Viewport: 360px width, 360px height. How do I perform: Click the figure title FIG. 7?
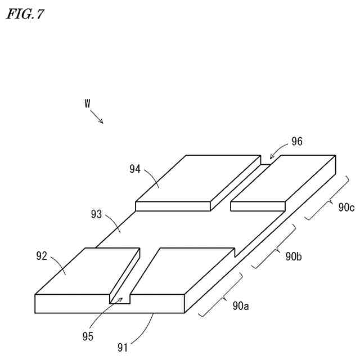click(x=25, y=14)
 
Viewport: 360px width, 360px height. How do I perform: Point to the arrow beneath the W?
click(x=97, y=117)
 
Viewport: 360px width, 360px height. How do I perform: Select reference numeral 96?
click(x=296, y=142)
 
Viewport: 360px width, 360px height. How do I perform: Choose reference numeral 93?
click(x=97, y=214)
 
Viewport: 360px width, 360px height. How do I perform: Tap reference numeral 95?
click(x=87, y=336)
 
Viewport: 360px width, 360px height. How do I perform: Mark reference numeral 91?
click(x=123, y=346)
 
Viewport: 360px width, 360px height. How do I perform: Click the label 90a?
click(x=241, y=307)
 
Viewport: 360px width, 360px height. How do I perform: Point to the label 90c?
click(x=346, y=208)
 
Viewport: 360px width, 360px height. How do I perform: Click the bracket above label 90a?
click(x=221, y=295)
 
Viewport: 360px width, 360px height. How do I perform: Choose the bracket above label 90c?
click(x=328, y=197)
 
